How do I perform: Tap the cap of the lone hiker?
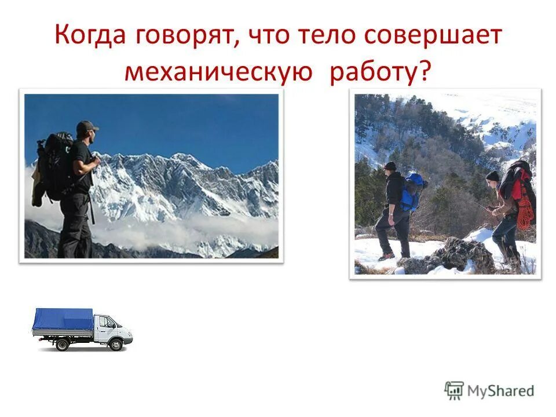pyautogui.click(x=86, y=126)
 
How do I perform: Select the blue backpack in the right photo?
pyautogui.click(x=412, y=191)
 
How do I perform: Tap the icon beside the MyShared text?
pyautogui.click(x=455, y=390)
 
